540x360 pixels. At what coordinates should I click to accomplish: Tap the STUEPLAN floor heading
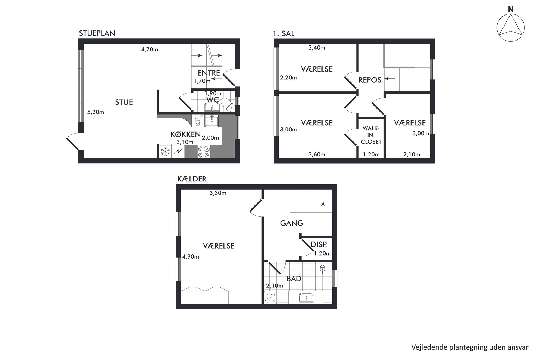(x=97, y=33)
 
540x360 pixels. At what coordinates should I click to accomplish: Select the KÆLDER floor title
(x=192, y=179)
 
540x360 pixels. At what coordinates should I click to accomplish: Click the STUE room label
(x=124, y=102)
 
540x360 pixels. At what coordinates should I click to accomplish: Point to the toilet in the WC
(x=227, y=104)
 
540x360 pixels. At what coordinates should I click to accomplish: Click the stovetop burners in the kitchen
(x=204, y=152)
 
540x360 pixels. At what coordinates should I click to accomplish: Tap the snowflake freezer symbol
(x=165, y=152)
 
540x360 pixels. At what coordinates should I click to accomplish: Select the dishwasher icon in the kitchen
(x=198, y=121)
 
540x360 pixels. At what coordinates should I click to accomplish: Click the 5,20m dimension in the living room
(x=96, y=112)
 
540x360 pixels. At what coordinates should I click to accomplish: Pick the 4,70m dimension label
(x=149, y=50)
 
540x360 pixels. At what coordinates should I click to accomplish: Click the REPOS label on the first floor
(x=370, y=80)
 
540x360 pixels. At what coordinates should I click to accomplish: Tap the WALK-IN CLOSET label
(x=371, y=135)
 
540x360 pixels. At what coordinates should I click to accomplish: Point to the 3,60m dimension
(x=317, y=155)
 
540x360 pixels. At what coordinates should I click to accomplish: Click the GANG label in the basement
(x=292, y=223)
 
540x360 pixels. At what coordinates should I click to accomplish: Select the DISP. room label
(x=319, y=244)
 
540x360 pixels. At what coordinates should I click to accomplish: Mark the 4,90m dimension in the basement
(x=191, y=257)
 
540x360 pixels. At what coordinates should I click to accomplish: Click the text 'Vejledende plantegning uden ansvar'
(x=470, y=347)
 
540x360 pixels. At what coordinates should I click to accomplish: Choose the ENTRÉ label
(x=209, y=73)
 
